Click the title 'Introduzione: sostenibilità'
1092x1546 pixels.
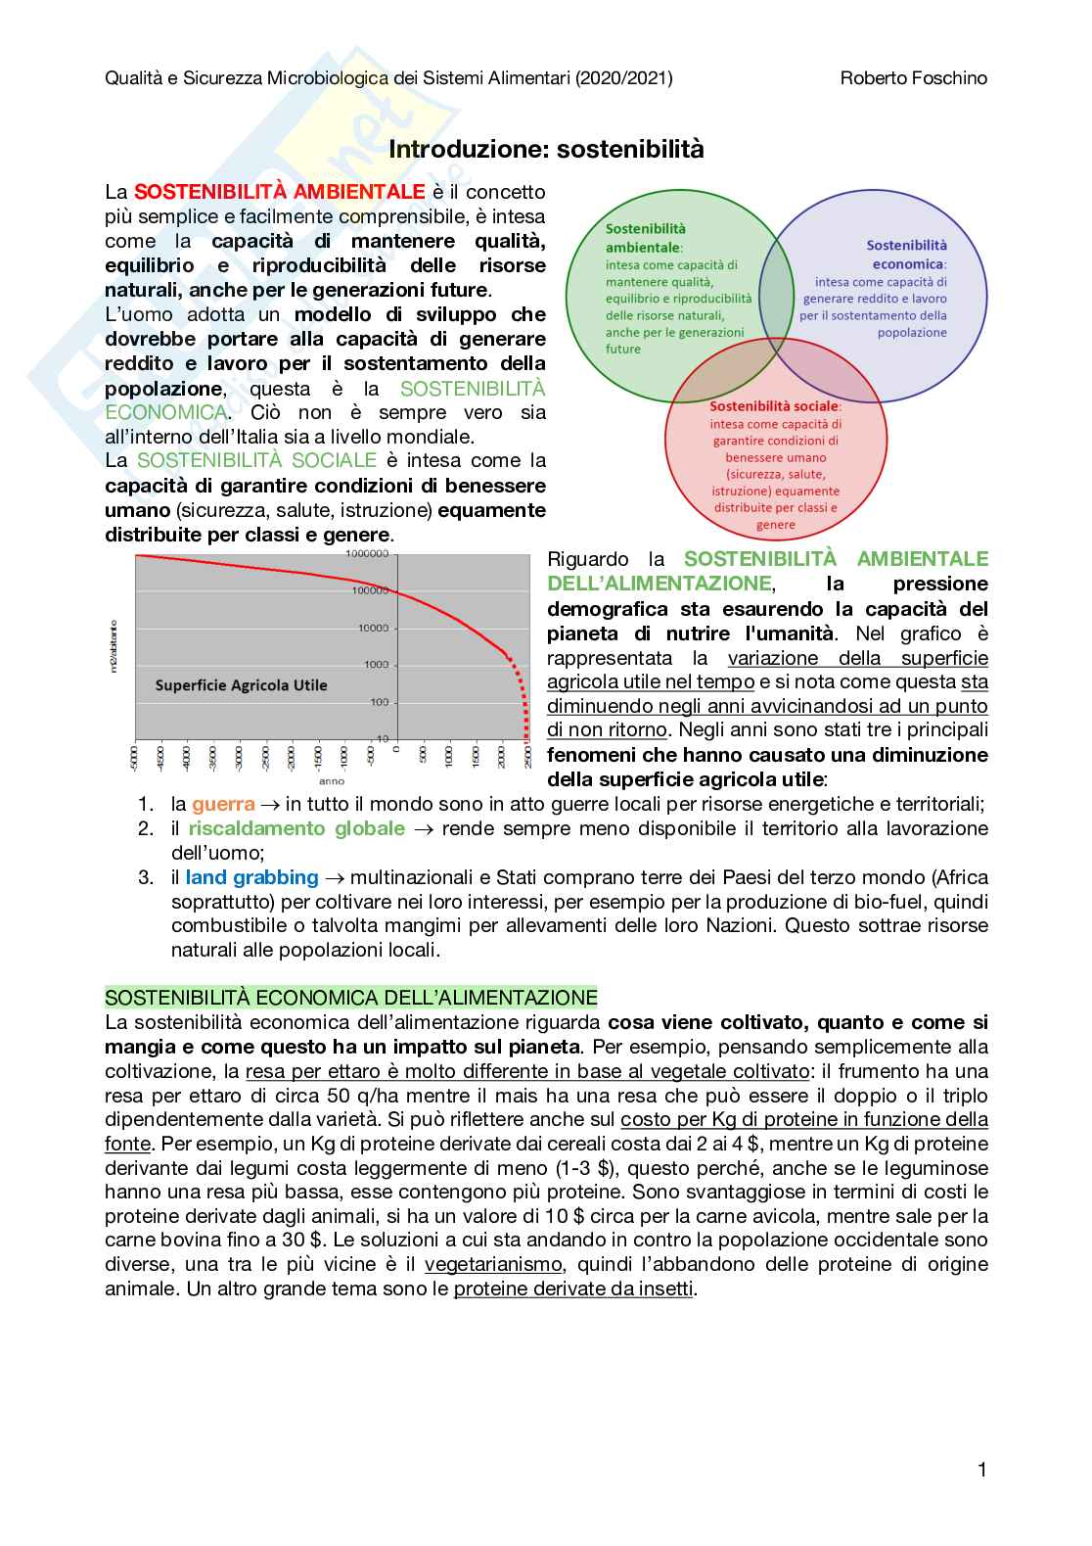pyautogui.click(x=546, y=149)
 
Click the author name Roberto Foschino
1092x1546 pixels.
pyautogui.click(x=913, y=77)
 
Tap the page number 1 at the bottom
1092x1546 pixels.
pyautogui.click(x=981, y=1469)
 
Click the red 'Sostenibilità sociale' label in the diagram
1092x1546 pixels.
pyautogui.click(x=774, y=405)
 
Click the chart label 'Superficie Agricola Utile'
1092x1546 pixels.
pyautogui.click(x=241, y=685)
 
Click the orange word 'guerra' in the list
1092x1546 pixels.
pyautogui.click(x=223, y=805)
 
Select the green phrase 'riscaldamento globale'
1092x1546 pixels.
pyautogui.click(x=296, y=828)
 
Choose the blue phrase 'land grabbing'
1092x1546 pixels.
pyautogui.click(x=251, y=877)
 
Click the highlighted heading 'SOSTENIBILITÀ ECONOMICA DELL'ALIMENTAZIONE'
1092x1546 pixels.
pyautogui.click(x=350, y=998)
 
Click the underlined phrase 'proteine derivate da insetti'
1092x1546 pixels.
pyautogui.click(x=573, y=1288)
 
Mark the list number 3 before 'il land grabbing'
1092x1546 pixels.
pyautogui.click(x=146, y=877)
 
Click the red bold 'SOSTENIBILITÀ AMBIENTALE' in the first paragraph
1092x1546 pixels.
pyautogui.click(x=279, y=192)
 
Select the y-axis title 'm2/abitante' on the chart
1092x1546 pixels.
pyautogui.click(x=114, y=645)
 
